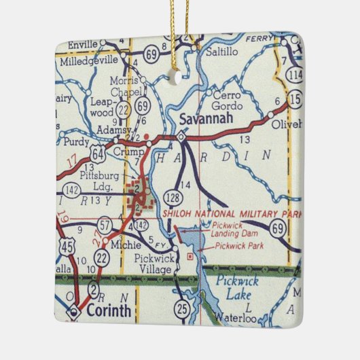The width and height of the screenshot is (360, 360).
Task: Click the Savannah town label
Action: [x=206, y=120]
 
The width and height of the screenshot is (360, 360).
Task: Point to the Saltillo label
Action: [x=223, y=50]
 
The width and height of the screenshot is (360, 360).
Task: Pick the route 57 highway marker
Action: [x=105, y=223]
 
